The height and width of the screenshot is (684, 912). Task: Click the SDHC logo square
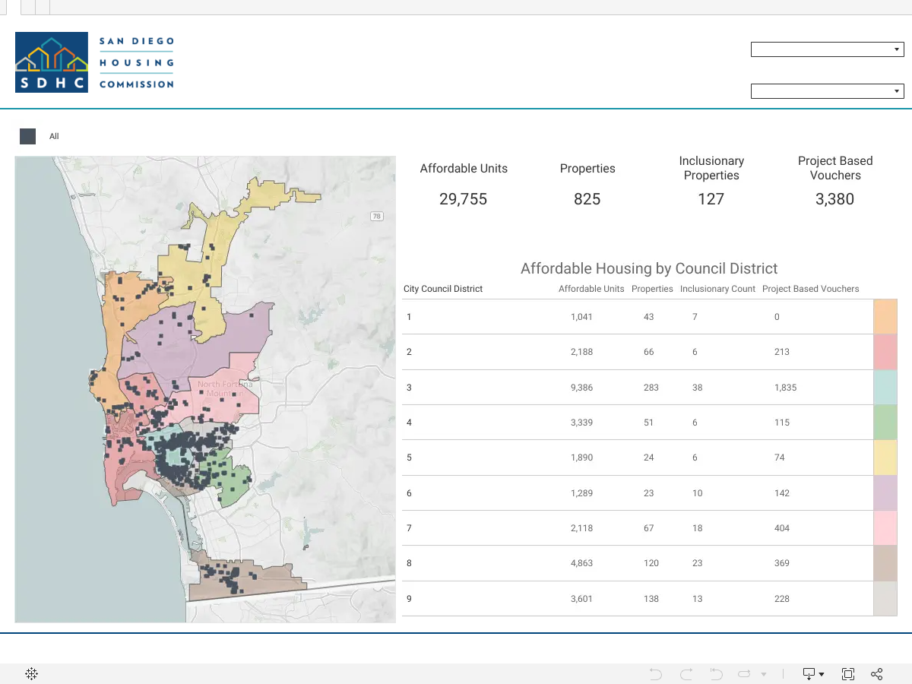(52, 62)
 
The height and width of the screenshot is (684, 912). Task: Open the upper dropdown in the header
(827, 49)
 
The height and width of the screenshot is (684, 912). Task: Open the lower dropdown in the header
(827, 91)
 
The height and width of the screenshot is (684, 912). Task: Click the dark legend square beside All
(28, 136)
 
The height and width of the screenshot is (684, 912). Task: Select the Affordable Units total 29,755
(464, 199)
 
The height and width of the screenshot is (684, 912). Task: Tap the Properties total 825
(587, 199)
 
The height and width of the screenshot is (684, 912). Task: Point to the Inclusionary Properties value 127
(711, 199)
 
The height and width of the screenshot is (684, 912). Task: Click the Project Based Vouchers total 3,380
(834, 199)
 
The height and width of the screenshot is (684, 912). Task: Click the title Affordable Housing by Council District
(649, 268)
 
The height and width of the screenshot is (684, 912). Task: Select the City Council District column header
(443, 289)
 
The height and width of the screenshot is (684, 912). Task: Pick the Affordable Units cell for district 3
(581, 388)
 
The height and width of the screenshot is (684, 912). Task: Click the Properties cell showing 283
(651, 388)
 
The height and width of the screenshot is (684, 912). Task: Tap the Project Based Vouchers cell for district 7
(782, 528)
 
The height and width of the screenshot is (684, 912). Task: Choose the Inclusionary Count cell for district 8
(697, 563)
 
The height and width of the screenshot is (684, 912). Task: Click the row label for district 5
(409, 458)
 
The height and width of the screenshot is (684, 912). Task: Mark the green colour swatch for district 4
(885, 423)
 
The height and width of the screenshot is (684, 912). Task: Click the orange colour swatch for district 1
(885, 316)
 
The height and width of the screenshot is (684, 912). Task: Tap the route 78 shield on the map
(376, 216)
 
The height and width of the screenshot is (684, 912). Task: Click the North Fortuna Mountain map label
(225, 388)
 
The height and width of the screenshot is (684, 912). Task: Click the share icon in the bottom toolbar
(877, 673)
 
